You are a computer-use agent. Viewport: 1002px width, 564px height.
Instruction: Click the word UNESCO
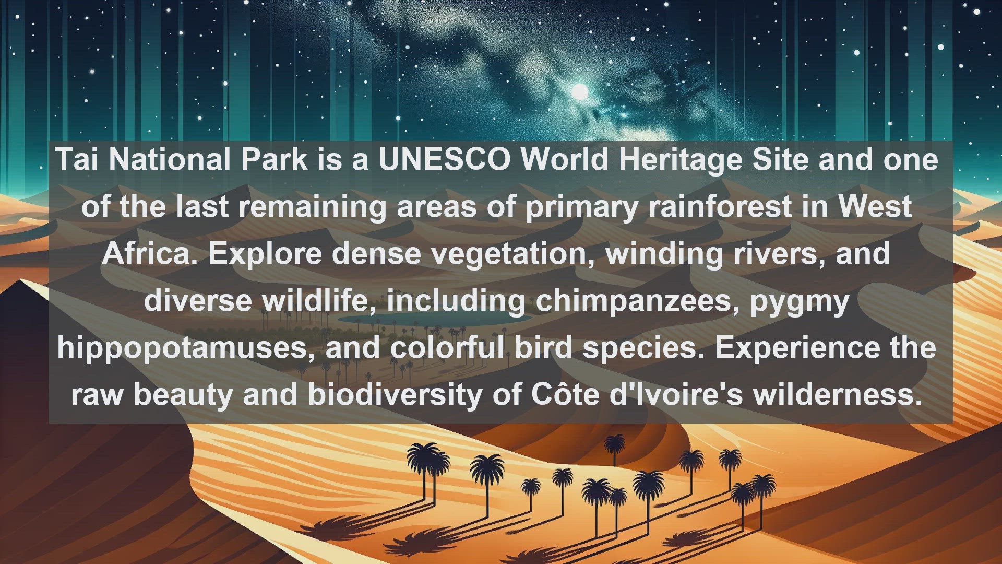coord(445,159)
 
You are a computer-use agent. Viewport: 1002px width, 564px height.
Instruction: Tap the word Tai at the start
coord(77,159)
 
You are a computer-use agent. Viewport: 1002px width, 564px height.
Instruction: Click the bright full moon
coord(580,92)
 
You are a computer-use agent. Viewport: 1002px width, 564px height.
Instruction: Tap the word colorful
coord(447,347)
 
